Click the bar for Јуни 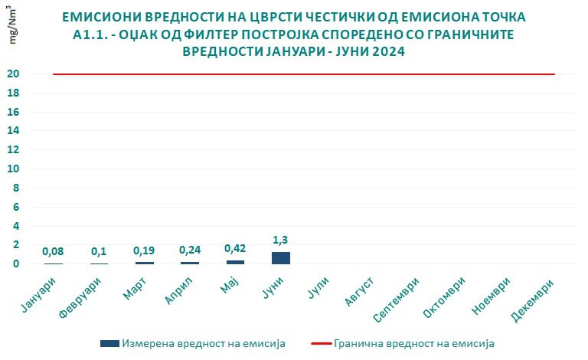[x=281, y=258]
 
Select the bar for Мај [x=235, y=262]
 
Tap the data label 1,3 [x=281, y=240]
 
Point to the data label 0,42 [x=235, y=248]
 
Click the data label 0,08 [x=53, y=251]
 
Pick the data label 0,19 [x=144, y=250]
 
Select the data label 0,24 [x=190, y=250]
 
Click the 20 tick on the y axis [x=35, y=74]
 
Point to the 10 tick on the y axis [x=35, y=169]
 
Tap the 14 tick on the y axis [x=35, y=131]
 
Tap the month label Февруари [x=87, y=296]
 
